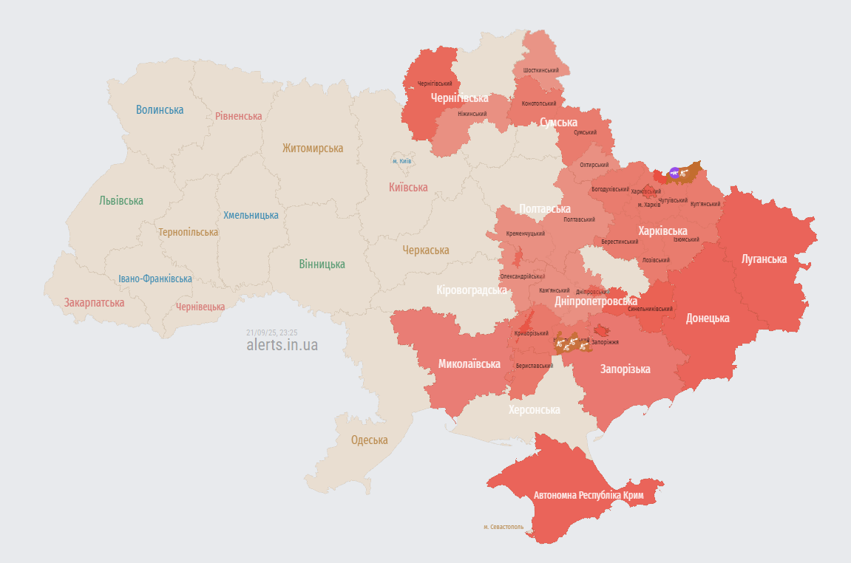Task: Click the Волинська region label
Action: tap(160, 110)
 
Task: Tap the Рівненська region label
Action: tap(238, 116)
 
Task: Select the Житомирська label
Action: tap(313, 149)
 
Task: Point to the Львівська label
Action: tap(121, 200)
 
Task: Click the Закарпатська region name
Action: tap(94, 303)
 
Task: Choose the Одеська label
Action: tap(369, 440)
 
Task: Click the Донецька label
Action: tap(708, 318)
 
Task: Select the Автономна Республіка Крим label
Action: tap(589, 495)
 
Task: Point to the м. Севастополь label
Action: tap(504, 528)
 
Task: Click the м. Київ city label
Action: tap(402, 161)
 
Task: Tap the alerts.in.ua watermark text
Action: tap(282, 345)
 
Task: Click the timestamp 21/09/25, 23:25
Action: tap(272, 332)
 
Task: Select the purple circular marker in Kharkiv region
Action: tap(674, 173)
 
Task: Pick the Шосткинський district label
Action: tap(540, 70)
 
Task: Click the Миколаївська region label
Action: tap(469, 364)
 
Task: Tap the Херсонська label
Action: tap(534, 410)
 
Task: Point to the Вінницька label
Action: tap(322, 265)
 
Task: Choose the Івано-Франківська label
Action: tap(155, 279)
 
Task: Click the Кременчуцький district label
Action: tap(526, 233)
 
